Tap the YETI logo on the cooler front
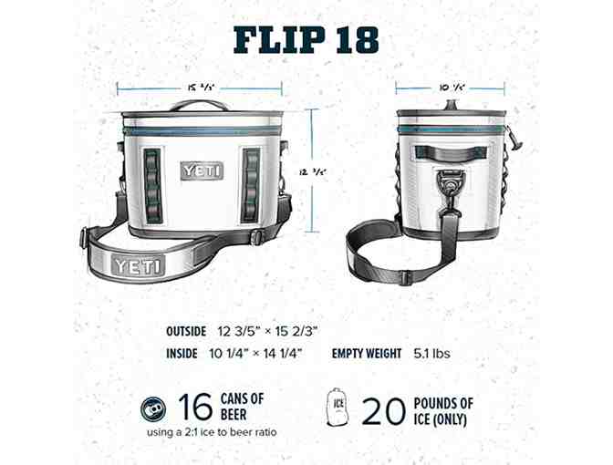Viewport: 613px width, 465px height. pyautogui.click(x=202, y=170)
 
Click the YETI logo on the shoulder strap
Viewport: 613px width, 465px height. pyautogui.click(x=139, y=266)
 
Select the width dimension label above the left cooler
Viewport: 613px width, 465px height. pyautogui.click(x=200, y=88)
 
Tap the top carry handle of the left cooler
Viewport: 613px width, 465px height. pyautogui.click(x=200, y=106)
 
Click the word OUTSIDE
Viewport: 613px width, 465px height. pyautogui.click(x=187, y=331)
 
